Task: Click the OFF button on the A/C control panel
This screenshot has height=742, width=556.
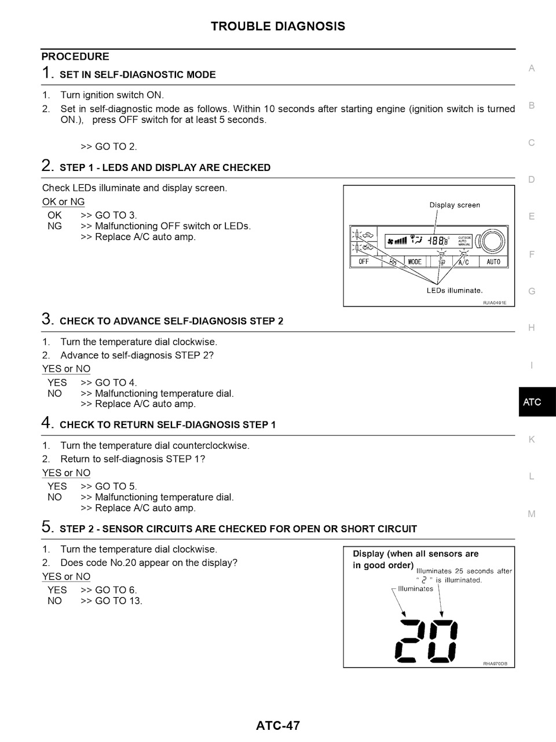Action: point(364,262)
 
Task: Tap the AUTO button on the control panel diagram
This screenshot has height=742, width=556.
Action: point(493,262)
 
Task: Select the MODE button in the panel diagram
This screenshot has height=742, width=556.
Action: point(415,262)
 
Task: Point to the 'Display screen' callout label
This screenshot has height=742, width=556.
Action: point(455,205)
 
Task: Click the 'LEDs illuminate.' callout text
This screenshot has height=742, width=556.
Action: point(455,290)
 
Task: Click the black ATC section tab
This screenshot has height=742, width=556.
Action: point(537,402)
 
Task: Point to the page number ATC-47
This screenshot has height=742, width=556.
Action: point(278,725)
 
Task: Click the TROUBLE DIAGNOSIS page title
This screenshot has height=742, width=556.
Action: point(278,26)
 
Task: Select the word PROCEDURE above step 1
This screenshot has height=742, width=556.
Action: point(75,57)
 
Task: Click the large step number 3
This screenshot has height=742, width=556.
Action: point(47,319)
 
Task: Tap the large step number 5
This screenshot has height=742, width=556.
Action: point(47,527)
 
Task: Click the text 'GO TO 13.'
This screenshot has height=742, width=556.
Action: point(119,601)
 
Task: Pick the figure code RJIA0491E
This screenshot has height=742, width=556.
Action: point(495,303)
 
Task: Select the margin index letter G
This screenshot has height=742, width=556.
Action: point(532,291)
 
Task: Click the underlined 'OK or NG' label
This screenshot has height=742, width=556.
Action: point(64,202)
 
